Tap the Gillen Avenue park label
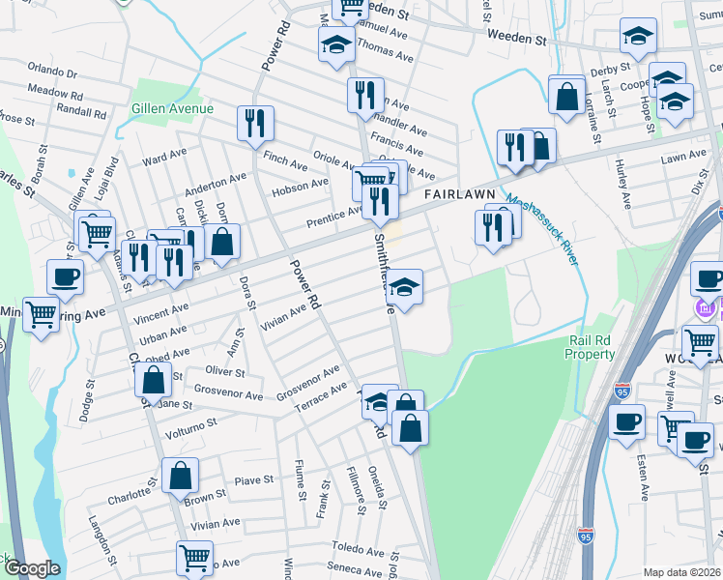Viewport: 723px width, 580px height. [x=173, y=108]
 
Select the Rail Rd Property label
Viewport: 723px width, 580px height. [x=591, y=348]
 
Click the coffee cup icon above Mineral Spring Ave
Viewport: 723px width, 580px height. [x=65, y=278]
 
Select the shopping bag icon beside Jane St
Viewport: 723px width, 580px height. [x=154, y=380]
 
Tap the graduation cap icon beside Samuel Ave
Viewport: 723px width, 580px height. [x=336, y=43]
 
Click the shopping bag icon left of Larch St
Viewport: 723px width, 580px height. [x=566, y=94]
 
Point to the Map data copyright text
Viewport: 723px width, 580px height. [x=681, y=572]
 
